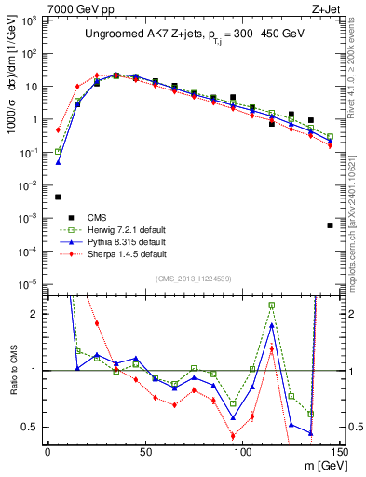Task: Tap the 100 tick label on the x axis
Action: pos(242,452)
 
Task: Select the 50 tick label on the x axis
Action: pos(145,452)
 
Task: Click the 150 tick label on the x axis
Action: pos(340,452)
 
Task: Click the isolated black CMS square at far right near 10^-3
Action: pos(330,225)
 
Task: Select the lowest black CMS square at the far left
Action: pos(58,197)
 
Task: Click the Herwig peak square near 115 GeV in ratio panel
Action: pos(271,305)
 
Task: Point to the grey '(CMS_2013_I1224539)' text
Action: pos(195,278)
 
